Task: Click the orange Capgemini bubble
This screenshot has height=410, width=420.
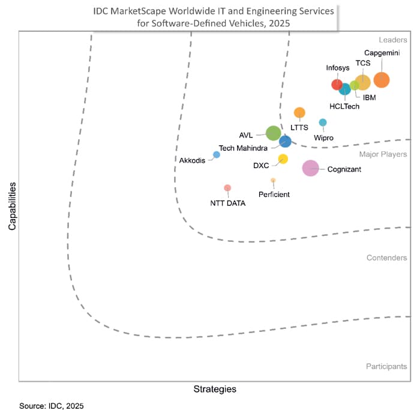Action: point(381,80)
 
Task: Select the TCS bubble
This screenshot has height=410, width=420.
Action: point(362,82)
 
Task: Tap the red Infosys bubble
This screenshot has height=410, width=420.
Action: point(337,85)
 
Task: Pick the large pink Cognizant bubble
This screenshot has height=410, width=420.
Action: point(310,168)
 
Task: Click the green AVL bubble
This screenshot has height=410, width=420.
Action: point(273,133)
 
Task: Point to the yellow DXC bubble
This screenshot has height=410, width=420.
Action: point(283,159)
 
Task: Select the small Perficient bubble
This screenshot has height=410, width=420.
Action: point(273,180)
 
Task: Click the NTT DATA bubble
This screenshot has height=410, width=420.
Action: point(227,188)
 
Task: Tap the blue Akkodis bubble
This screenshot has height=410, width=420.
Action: point(217,154)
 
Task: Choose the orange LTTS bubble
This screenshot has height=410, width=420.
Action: point(299,112)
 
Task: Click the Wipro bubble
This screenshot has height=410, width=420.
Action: point(323,122)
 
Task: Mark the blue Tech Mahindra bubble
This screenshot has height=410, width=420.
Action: point(286,142)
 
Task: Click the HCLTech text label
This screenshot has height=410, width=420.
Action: point(344,106)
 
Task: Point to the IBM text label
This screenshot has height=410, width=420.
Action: point(370,97)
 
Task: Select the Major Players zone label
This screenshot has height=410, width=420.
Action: point(383,154)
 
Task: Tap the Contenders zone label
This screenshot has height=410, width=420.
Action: point(386,258)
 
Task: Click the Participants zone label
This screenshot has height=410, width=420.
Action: point(386,366)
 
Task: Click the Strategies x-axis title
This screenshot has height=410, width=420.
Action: point(215,389)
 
